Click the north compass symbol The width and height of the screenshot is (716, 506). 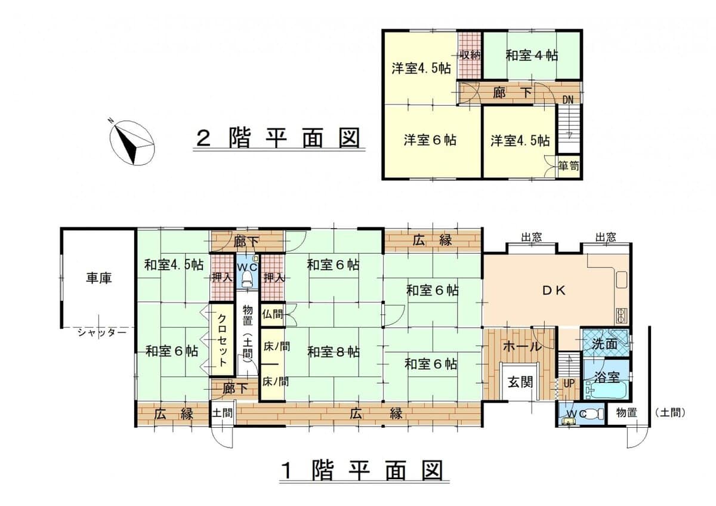131,141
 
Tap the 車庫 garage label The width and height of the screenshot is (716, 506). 99,277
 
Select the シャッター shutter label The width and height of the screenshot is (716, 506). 101,333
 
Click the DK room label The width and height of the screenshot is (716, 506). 557,291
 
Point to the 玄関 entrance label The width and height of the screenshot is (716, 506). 520,383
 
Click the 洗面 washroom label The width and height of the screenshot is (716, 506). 605,344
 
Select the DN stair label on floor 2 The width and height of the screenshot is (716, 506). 569,99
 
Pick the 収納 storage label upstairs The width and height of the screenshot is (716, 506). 470,55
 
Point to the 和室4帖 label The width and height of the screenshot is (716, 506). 532,55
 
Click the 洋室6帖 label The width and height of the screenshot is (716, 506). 430,140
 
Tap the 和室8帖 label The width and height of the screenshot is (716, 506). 334,352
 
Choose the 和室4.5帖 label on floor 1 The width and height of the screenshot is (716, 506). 172,264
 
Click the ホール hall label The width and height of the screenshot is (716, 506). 522,347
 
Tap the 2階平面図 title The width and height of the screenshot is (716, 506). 279,138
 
